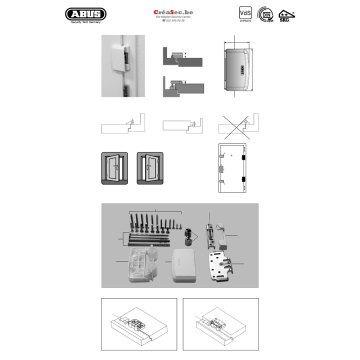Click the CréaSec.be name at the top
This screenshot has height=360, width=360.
173,11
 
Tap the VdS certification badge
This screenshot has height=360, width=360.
245,14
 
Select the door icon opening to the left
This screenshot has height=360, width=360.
114,167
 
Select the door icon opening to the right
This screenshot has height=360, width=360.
149,167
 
